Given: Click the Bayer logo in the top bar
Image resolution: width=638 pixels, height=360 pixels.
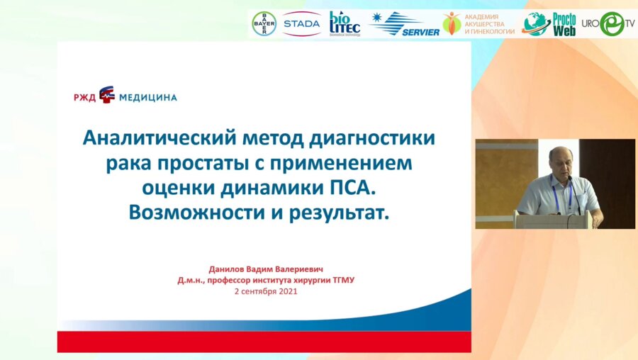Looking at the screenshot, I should pos(264,23).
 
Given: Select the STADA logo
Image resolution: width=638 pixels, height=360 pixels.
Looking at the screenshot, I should pos(301,23).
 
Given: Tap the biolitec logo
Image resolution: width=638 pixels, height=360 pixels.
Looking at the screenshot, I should pos(345,23).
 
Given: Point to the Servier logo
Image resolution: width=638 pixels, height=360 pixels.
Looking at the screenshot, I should pos(405,24).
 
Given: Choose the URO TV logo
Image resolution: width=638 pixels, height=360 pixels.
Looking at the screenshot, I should pos(609,23).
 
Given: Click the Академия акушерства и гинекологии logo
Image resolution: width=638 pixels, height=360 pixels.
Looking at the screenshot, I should pos(479,23).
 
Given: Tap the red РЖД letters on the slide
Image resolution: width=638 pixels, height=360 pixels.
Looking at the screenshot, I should pos(84,97).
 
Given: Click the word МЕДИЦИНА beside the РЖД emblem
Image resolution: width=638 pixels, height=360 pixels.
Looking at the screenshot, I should pos(147,97).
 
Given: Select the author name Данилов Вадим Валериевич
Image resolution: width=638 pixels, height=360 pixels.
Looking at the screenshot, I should pos(265,269).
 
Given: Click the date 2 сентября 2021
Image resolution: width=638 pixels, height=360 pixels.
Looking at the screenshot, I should pos(265,291).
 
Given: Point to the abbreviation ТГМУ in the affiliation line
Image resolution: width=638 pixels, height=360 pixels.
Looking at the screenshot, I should pos(340,280).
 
